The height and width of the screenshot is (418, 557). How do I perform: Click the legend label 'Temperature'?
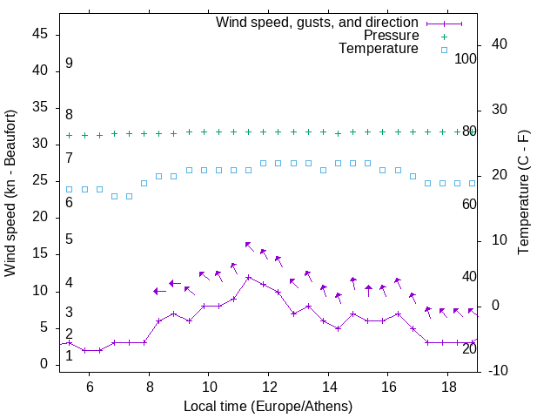379,50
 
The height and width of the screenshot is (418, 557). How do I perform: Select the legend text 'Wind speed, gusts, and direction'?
318,22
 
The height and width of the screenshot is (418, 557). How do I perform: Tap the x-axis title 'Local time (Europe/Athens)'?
268,407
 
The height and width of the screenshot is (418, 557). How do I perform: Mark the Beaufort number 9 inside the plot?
69,64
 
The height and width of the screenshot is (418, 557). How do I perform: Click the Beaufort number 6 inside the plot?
69,203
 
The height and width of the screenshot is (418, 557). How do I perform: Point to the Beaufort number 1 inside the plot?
69,356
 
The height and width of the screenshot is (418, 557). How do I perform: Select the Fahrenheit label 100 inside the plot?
466,58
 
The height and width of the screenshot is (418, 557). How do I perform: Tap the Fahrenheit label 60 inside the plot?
469,204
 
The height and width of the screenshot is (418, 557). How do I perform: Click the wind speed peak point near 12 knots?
249,278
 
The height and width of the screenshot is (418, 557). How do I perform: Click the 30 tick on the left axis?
40,145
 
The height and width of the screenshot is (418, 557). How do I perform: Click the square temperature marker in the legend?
444,51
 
